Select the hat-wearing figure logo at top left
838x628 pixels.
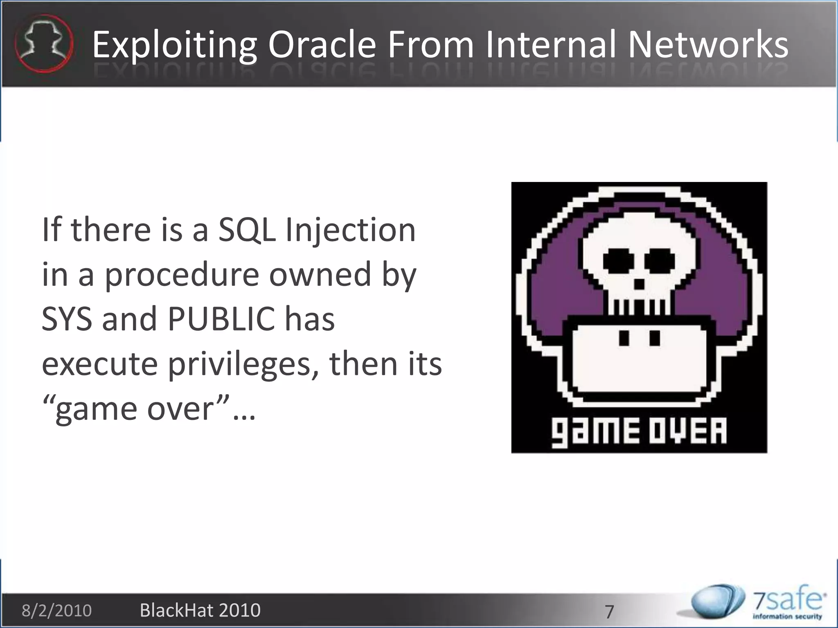[43, 43]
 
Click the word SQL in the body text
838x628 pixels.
[246, 230]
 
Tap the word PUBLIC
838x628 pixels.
[221, 319]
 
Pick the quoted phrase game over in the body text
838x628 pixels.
[135, 409]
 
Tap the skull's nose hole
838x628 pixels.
[639, 283]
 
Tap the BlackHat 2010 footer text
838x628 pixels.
[200, 610]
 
